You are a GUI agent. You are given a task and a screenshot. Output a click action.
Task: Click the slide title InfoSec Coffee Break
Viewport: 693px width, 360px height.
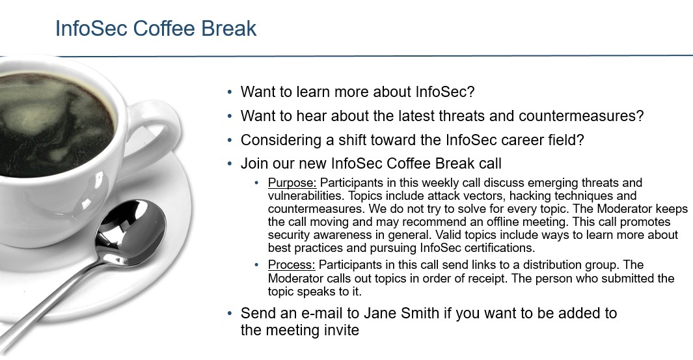(x=156, y=28)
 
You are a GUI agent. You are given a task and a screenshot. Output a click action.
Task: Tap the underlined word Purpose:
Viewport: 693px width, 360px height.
(x=292, y=183)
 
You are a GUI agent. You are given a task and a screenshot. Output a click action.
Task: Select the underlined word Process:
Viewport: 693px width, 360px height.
(x=292, y=265)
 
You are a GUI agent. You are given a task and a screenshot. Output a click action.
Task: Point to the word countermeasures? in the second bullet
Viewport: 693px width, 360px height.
(x=581, y=116)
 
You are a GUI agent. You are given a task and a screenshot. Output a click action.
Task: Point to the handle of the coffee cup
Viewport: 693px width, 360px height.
(x=156, y=133)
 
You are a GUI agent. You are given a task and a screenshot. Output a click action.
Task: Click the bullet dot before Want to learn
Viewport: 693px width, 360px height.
(x=230, y=92)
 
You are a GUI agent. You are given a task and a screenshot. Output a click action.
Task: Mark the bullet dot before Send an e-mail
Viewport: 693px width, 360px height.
(x=230, y=314)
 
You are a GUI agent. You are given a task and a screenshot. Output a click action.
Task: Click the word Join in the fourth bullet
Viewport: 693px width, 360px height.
(x=254, y=163)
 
